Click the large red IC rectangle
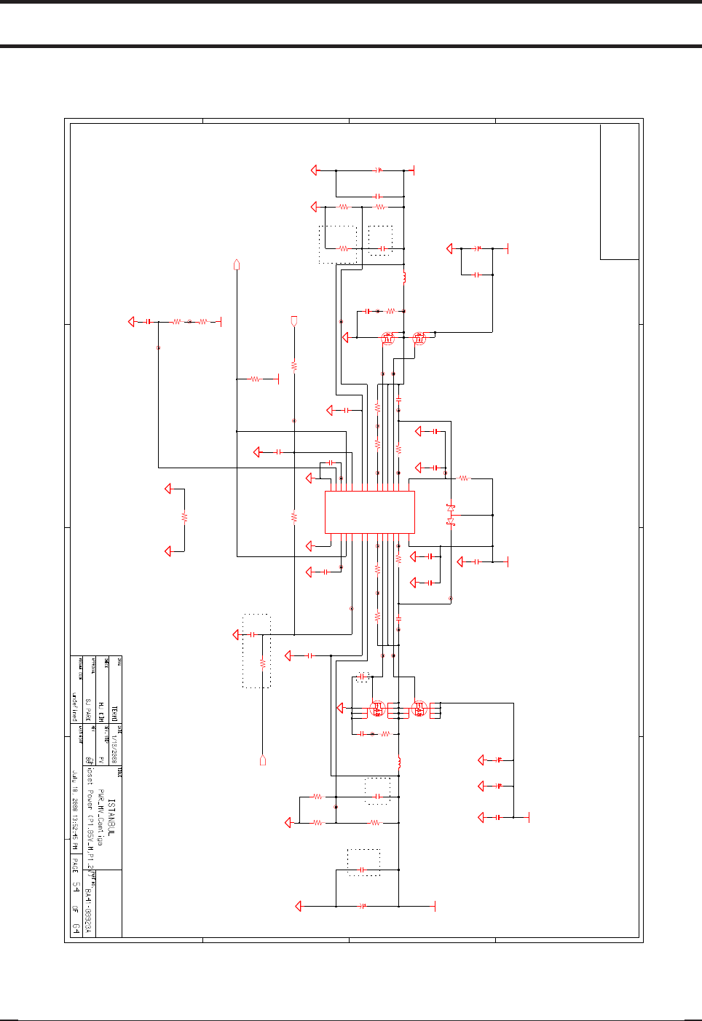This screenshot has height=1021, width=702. (369, 512)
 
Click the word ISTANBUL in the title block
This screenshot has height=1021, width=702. (111, 816)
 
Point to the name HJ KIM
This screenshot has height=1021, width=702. (101, 711)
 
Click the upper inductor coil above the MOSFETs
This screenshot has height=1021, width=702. (404, 277)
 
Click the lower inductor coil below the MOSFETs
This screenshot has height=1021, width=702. (399, 762)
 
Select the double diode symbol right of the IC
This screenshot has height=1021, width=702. (451, 514)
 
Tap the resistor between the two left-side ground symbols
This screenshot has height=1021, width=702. (184, 516)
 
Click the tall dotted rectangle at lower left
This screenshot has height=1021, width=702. (256, 650)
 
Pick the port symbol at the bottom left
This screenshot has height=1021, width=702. (262, 760)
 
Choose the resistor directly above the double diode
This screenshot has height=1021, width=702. (464, 478)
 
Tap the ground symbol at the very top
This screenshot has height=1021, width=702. (315, 170)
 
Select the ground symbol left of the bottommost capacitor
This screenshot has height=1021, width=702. (298, 906)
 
